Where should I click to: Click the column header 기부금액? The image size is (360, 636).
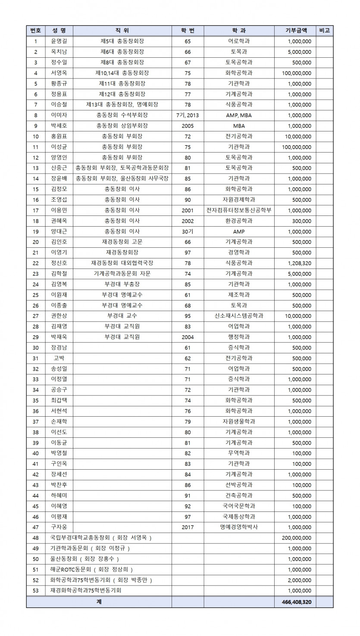click(296, 31)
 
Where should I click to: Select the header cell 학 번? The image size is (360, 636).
click(188, 31)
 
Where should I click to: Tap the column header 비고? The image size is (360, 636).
click(324, 31)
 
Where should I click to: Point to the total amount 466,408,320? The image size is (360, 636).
click(296, 601)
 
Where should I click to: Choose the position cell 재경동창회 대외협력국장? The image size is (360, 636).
click(122, 263)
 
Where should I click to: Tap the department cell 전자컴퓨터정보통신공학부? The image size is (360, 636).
click(239, 210)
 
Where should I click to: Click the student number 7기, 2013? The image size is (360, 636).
click(188, 115)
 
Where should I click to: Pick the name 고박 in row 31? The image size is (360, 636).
click(59, 358)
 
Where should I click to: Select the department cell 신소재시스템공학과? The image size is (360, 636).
click(239, 316)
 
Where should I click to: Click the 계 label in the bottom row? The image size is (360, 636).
click(99, 601)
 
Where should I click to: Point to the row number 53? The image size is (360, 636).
click(36, 590)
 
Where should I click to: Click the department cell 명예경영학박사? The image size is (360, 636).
click(239, 527)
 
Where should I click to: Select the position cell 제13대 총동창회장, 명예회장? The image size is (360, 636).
click(122, 105)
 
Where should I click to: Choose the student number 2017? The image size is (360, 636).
click(188, 527)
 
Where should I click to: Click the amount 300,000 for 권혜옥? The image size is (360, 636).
click(301, 221)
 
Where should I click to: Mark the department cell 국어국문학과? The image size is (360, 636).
click(239, 506)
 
